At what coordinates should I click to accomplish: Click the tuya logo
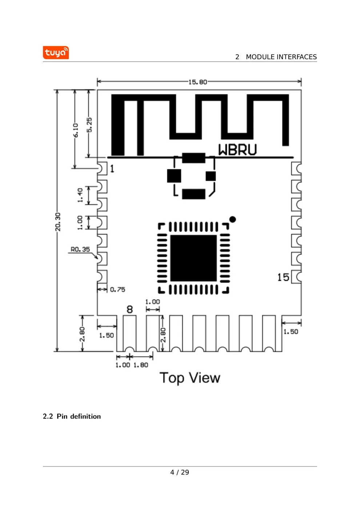point(56,53)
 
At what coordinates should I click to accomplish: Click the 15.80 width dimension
point(197,82)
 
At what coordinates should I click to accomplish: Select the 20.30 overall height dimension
point(58,222)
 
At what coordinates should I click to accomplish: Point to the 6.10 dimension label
point(76,130)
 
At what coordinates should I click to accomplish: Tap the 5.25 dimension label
point(89,125)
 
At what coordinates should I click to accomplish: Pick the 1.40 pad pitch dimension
point(80,195)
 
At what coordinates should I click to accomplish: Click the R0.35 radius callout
point(80,249)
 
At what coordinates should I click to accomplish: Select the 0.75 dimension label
point(117,289)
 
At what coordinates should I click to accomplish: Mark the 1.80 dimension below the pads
point(141,365)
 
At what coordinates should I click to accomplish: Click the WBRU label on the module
point(237,150)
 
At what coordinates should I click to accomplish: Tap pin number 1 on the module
point(112,169)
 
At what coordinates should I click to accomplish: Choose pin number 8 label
point(130,309)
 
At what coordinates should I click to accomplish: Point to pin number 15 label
point(283,277)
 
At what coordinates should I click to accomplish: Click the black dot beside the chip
point(233,219)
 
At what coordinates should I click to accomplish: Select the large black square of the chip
point(193,258)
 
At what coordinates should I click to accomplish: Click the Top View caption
point(190,378)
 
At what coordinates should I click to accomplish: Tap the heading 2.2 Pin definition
point(72,416)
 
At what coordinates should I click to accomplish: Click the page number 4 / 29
point(180,472)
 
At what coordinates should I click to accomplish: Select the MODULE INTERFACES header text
point(281,57)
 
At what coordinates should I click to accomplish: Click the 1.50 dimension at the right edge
point(291,332)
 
